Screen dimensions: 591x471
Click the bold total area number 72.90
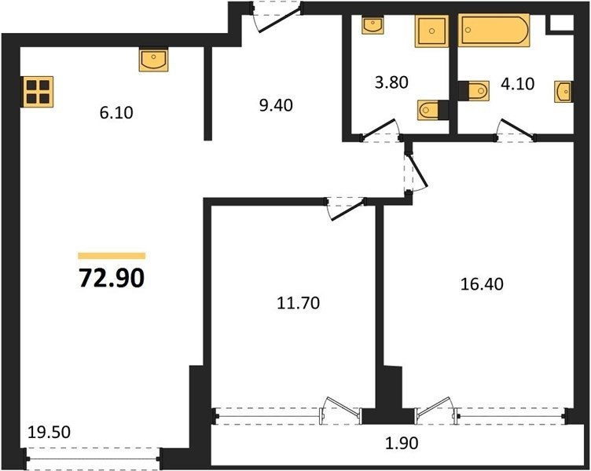(112, 278)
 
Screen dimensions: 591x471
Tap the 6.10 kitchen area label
(116, 112)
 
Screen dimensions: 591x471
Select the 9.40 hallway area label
(276, 105)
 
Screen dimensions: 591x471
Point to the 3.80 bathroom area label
(391, 82)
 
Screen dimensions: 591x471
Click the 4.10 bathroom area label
(517, 83)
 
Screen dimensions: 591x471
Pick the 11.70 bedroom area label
(298, 303)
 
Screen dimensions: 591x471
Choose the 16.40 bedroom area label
(482, 284)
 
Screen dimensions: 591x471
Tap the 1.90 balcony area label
(402, 444)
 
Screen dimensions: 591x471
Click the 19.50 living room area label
(49, 432)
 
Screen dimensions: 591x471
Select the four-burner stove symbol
(39, 92)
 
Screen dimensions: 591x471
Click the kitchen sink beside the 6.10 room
(154, 60)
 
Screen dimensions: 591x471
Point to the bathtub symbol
(494, 30)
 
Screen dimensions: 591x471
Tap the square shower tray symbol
(431, 31)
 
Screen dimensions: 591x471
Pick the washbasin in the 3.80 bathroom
(373, 24)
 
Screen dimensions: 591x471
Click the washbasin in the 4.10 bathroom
(563, 91)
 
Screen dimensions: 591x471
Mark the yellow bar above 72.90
(112, 256)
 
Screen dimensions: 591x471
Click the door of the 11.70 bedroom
(347, 210)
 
